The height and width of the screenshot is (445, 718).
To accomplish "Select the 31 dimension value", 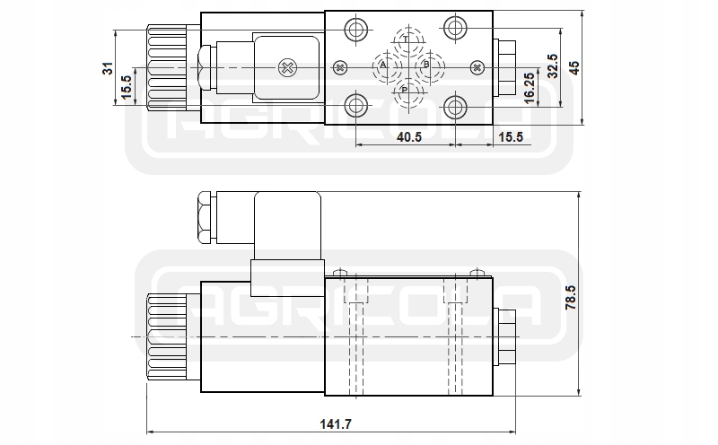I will pyautogui.click(x=107, y=68).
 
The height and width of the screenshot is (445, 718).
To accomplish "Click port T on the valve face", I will pyautogui.click(x=406, y=40).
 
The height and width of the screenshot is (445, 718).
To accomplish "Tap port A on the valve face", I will pyautogui.click(x=382, y=66).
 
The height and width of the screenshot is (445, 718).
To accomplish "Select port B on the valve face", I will pyautogui.click(x=426, y=66).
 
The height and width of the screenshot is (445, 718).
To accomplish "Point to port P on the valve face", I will pyautogui.click(x=405, y=90).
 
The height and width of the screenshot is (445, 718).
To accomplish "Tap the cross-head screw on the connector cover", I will pyautogui.click(x=287, y=67).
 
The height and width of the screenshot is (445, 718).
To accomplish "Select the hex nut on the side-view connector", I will pyautogui.click(x=203, y=216).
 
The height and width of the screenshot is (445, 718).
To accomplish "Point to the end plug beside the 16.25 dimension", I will pyautogui.click(x=506, y=67).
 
